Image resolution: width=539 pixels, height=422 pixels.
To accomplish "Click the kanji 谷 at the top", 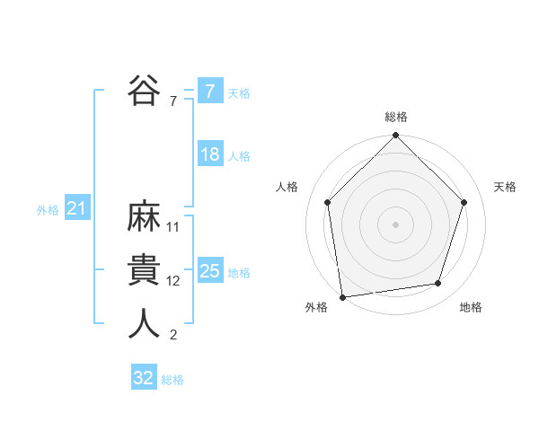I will point(145,90).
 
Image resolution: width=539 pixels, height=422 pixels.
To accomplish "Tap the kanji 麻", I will point(145,218).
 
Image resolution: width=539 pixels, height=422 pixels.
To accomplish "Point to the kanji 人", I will point(145,323).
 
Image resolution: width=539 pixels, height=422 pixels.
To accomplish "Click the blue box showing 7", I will point(209,91).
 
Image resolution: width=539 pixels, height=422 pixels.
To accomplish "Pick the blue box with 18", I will point(209,154).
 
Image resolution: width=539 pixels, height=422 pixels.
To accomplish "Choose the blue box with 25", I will point(209,271).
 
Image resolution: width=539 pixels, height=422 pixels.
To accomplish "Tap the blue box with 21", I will point(76,209).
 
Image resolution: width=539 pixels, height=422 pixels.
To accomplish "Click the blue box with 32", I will point(143,378).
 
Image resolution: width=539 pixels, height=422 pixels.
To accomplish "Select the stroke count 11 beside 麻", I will point(173,227).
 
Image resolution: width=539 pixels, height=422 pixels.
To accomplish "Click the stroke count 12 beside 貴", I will point(173,281).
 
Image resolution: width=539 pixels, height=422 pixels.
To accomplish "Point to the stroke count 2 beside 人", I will point(173,335).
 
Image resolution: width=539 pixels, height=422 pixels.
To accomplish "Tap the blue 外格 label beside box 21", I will point(48,210).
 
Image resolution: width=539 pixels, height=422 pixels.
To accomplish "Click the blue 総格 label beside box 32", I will point(172,380).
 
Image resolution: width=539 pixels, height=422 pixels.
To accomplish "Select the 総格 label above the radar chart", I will point(396,118).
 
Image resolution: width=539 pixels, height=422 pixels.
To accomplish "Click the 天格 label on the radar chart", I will point(505,187).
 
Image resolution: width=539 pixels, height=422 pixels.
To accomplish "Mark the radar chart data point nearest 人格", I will point(328,202).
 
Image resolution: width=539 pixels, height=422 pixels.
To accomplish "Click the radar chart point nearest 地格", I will point(438,283).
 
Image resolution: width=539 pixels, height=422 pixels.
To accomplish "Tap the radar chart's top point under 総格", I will point(396,136).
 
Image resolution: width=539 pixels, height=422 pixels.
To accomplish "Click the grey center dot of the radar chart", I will point(396,224).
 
